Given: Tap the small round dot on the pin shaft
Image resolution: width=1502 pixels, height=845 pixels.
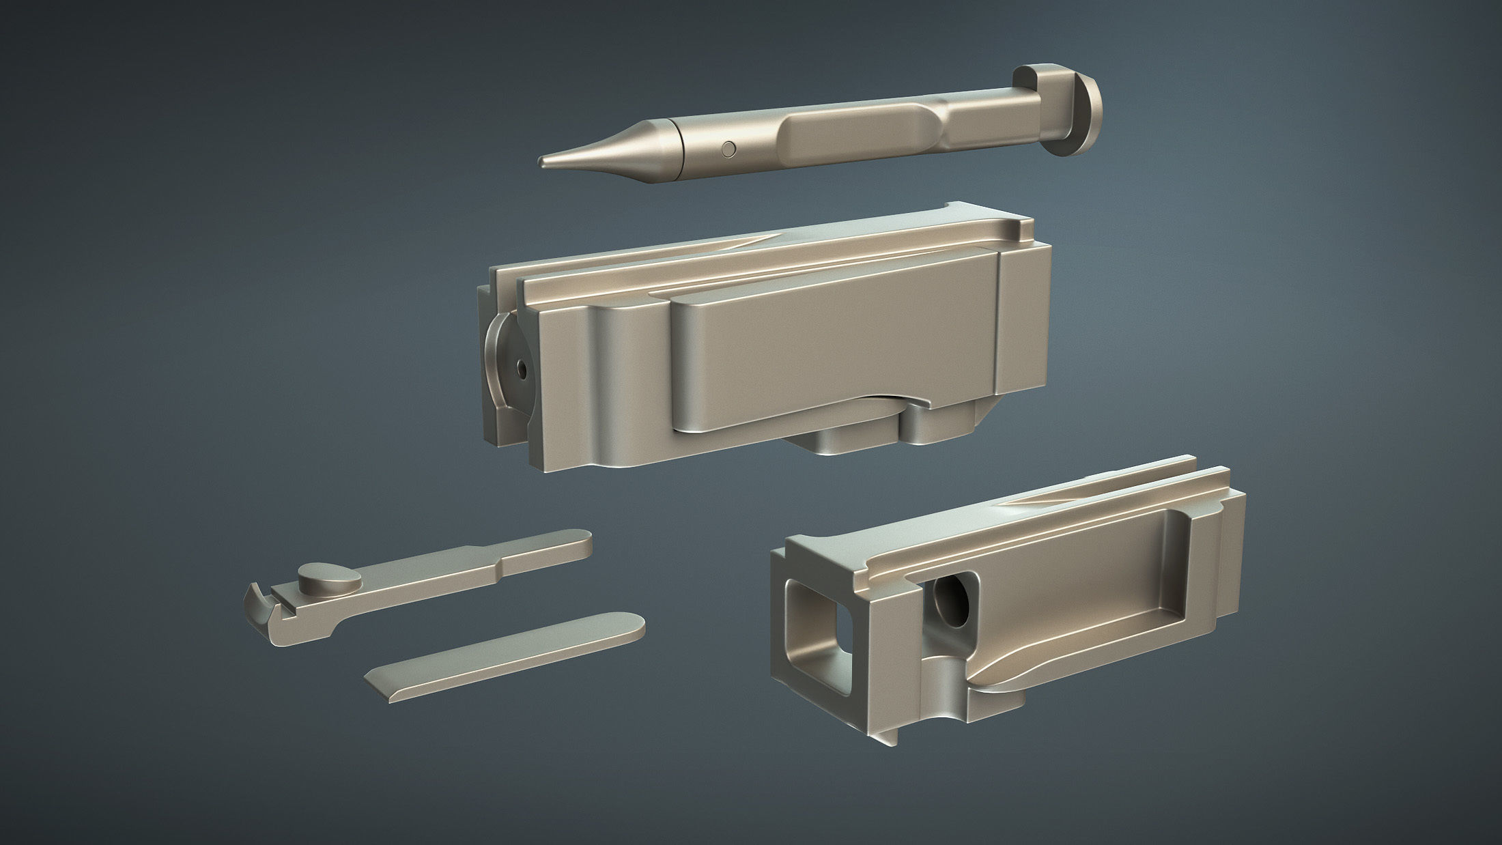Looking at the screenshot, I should [730, 147].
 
